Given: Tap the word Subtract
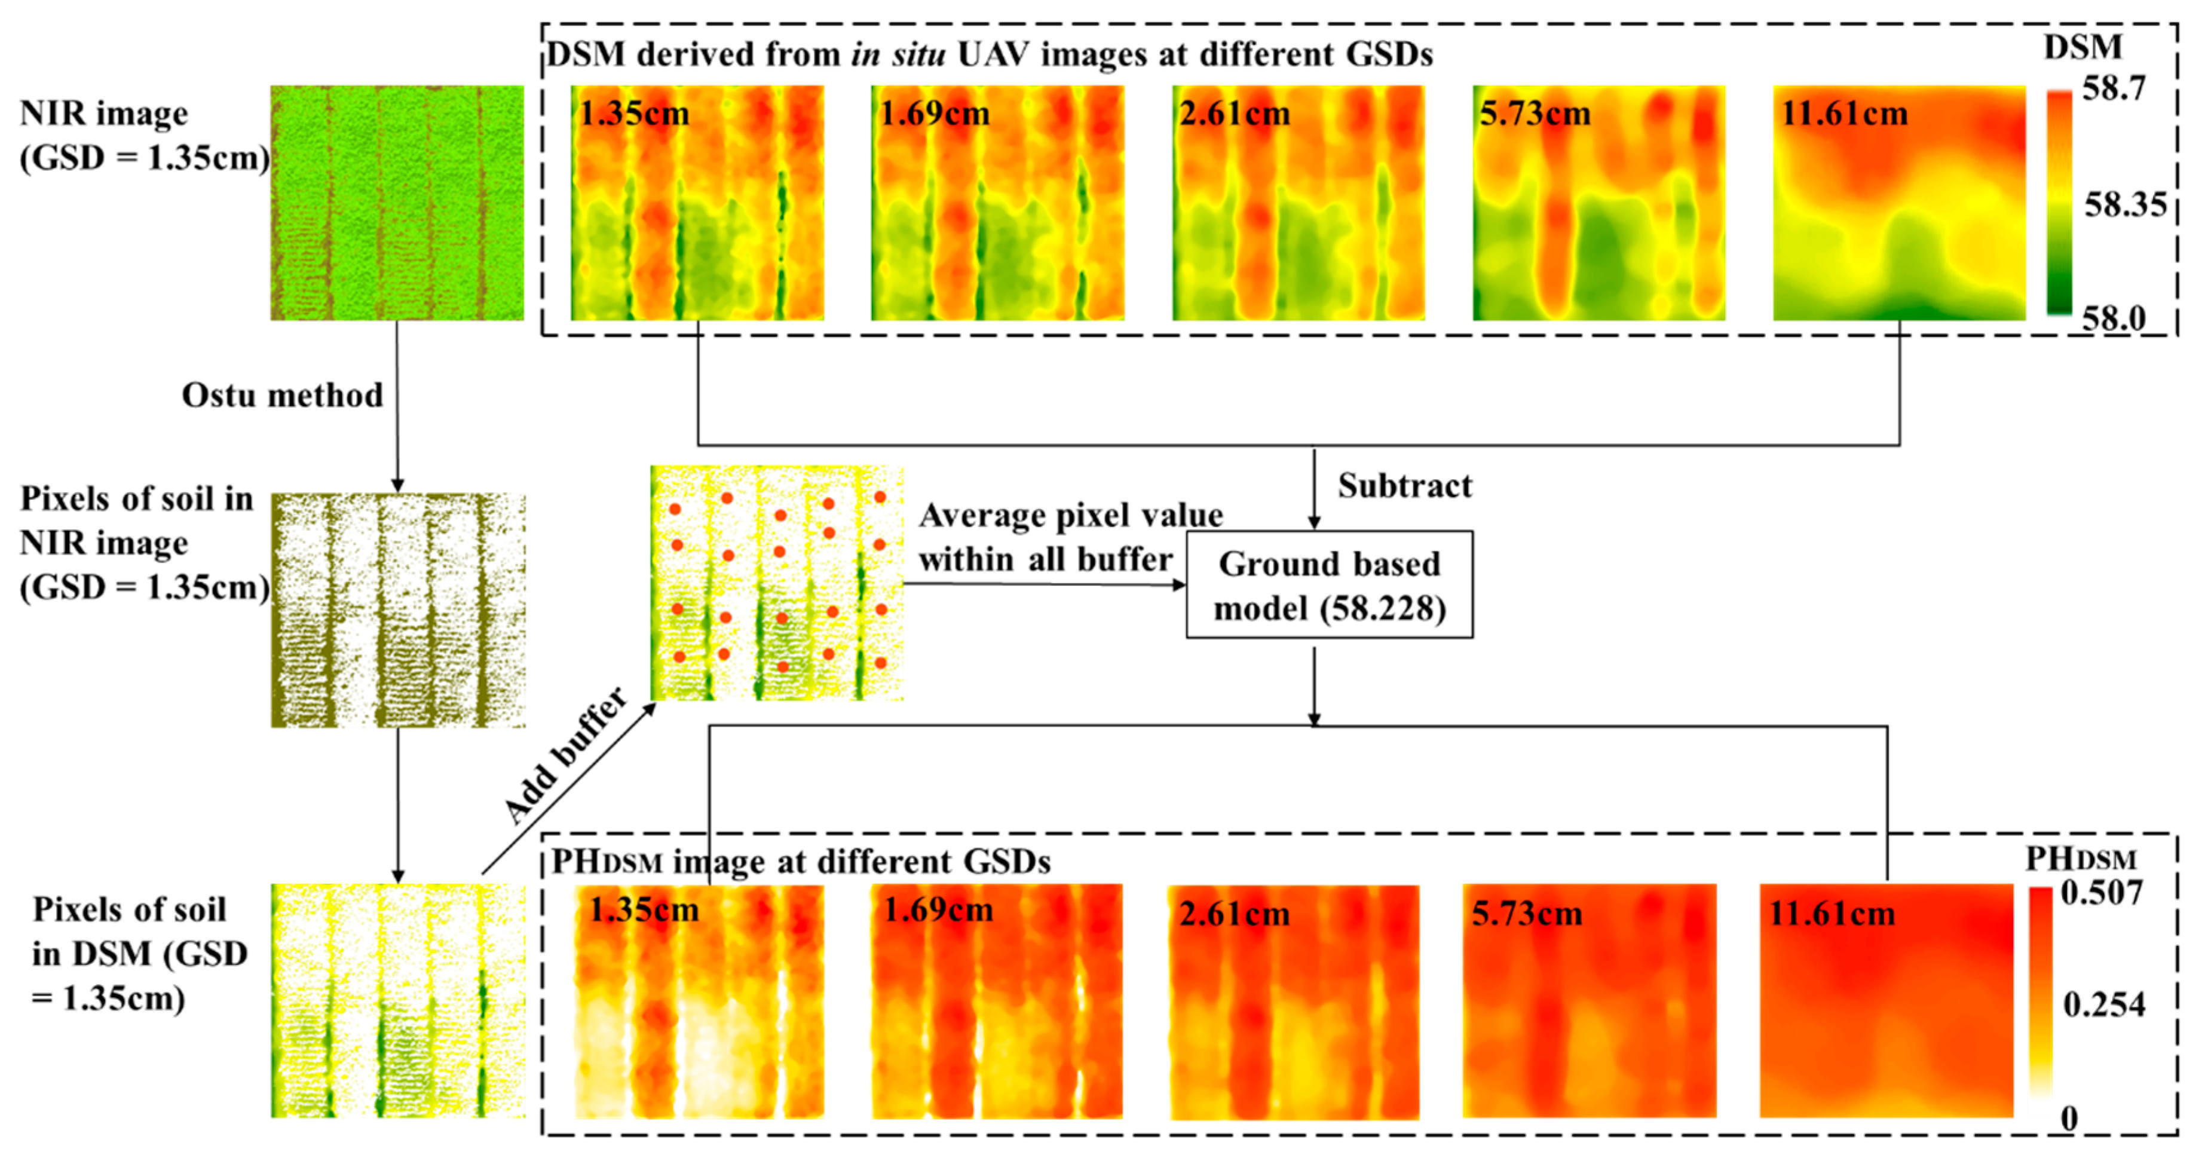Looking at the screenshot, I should click(1404, 486).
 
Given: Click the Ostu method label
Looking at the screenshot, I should click(282, 395).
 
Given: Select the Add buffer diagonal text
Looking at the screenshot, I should click(566, 756).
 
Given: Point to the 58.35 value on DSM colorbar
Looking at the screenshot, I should click(2124, 205).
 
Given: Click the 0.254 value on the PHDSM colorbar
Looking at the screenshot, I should click(2103, 1004).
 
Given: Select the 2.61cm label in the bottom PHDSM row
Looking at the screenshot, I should click(1235, 914).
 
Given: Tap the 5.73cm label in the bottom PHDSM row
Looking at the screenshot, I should click(1527, 914).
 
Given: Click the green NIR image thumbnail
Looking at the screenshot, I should click(397, 203).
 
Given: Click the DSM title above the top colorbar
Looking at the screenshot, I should click(2083, 47).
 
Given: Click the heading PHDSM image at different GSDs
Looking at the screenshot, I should click(801, 861).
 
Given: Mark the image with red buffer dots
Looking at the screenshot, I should click(777, 583).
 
